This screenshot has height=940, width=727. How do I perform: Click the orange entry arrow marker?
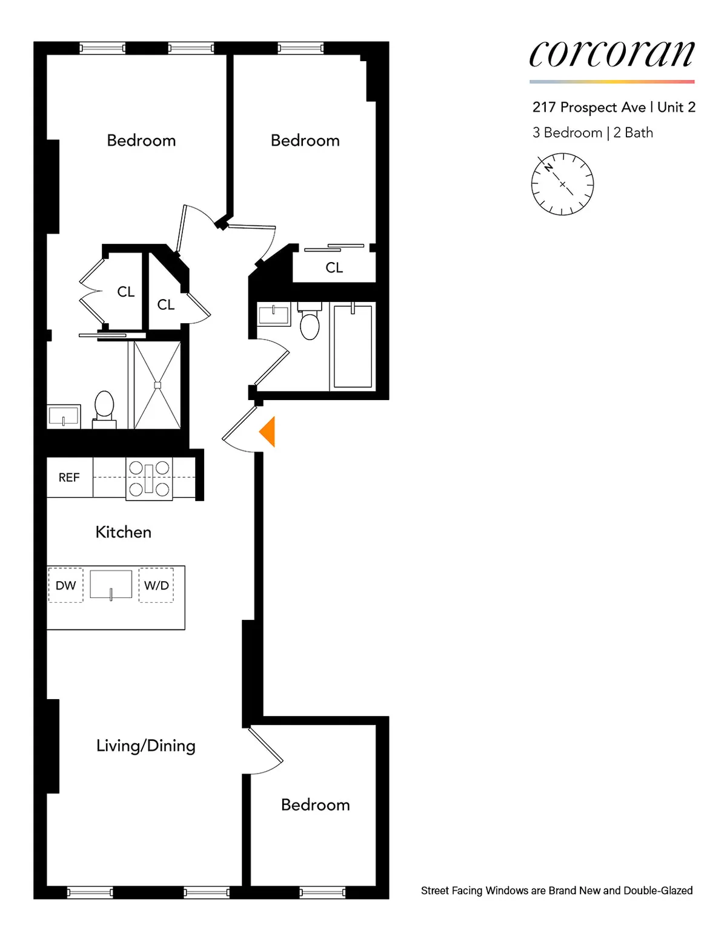pos(268,432)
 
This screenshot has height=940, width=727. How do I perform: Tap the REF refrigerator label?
pos(69,478)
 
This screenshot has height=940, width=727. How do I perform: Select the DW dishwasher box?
pos(65,585)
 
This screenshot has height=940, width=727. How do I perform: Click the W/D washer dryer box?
pos(156,585)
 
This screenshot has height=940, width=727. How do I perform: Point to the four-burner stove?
pos(149,478)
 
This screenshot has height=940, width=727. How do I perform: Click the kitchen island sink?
pos(111,585)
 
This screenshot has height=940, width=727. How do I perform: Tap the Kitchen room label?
pos(124,532)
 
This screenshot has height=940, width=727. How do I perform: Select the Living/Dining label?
pos(146,746)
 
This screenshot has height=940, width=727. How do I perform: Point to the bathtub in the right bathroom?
pos(353,346)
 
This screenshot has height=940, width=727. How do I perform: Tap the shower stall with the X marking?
pos(158,385)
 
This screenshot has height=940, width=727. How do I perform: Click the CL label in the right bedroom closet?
pos(334,268)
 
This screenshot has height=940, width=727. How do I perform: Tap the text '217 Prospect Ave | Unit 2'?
pos(614,107)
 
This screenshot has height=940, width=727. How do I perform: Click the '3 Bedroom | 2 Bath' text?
pos(593,133)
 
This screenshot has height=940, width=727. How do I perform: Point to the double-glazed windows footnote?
pos(557,890)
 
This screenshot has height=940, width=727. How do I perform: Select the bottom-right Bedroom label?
pos(316,804)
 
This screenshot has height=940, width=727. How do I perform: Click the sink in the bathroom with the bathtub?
pos(274,314)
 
